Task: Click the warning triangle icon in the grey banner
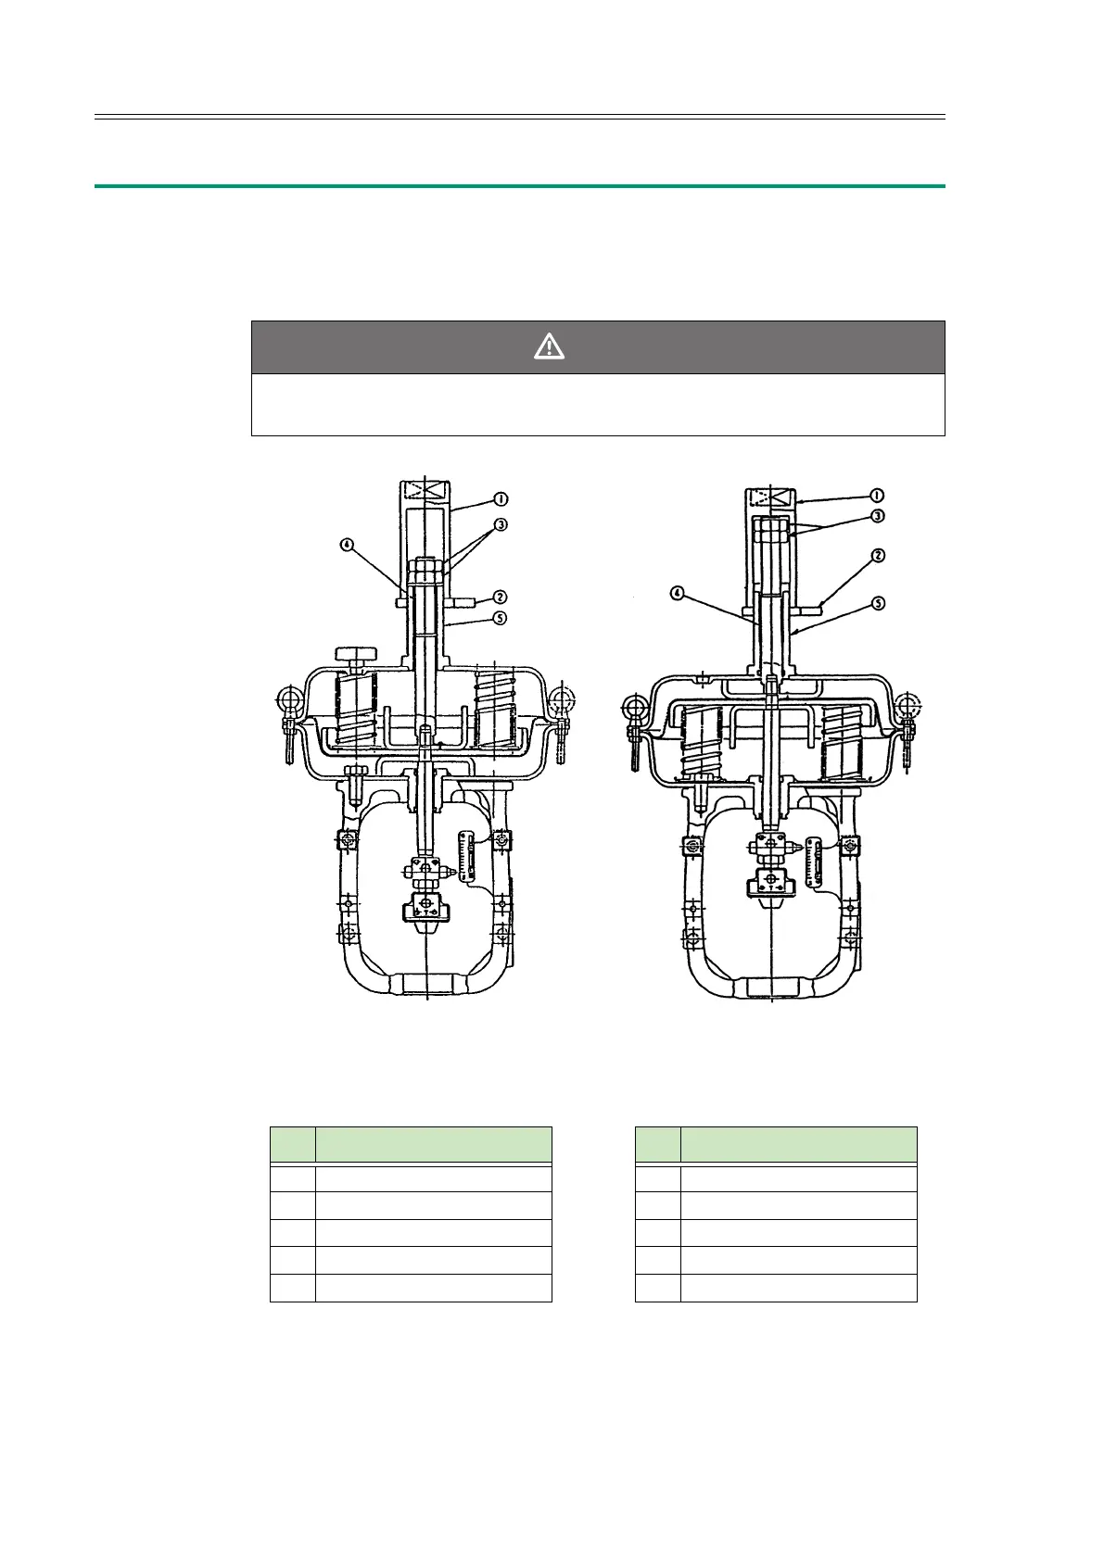[549, 346]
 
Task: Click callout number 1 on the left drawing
[501, 498]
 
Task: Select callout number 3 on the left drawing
[501, 524]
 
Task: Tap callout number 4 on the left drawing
[347, 545]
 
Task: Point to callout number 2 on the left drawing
[500, 597]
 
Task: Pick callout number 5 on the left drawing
[500, 618]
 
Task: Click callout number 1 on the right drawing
[877, 496]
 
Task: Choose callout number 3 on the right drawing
[878, 516]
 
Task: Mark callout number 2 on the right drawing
[878, 556]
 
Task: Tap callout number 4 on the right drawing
[677, 594]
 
